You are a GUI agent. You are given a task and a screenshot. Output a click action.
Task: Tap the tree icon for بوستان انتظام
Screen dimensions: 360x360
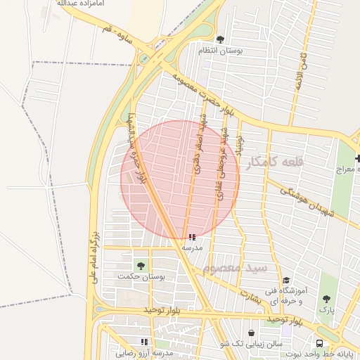click(220, 40)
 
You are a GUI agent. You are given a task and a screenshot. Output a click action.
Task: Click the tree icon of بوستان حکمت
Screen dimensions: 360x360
click(141, 265)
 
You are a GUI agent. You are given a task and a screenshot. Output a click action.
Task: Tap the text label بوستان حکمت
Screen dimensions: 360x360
click(147, 278)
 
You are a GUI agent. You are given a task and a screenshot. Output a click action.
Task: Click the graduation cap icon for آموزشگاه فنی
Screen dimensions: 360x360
click(285, 280)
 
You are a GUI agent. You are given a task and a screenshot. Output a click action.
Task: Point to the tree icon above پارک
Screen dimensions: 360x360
click(326, 298)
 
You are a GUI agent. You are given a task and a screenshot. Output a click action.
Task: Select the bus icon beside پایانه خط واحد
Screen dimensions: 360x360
click(320, 344)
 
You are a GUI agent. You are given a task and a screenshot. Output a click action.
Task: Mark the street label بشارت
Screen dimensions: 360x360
click(249, 297)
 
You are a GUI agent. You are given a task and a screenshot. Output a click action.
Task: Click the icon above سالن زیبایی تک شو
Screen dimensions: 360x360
click(251, 333)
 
